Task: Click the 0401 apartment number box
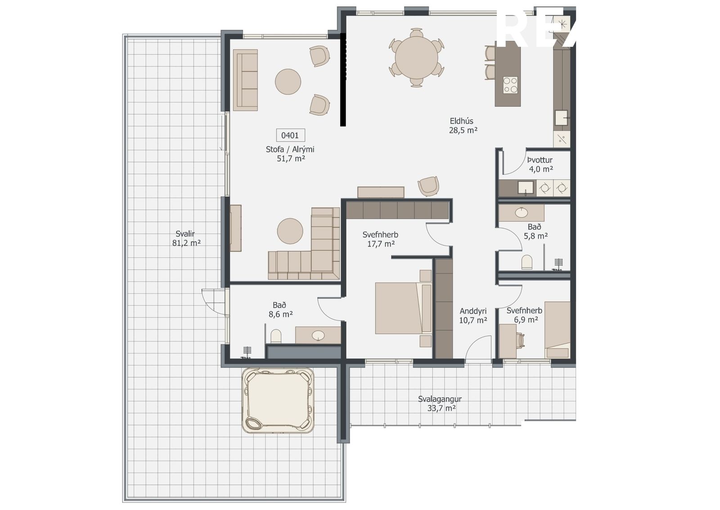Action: pyautogui.click(x=290, y=136)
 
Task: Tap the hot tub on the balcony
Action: pyautogui.click(x=278, y=401)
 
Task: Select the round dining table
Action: pyautogui.click(x=416, y=58)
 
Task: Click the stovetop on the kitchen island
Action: pyautogui.click(x=510, y=85)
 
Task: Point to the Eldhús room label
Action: pyautogui.click(x=462, y=121)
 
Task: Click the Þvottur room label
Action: pyautogui.click(x=540, y=160)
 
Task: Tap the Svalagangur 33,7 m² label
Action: pyautogui.click(x=440, y=404)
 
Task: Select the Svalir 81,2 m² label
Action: pyautogui.click(x=186, y=238)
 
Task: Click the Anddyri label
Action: pyautogui.click(x=473, y=311)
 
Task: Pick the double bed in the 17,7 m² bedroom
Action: pyautogui.click(x=403, y=308)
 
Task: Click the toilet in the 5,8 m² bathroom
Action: pyautogui.click(x=527, y=262)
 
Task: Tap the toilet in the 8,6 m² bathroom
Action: pyautogui.click(x=276, y=336)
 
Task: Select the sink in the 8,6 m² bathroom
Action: pyautogui.click(x=318, y=335)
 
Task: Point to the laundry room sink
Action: pyautogui.click(x=526, y=187)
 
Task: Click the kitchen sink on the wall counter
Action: pyautogui.click(x=561, y=118)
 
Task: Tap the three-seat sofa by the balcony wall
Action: pyautogui.click(x=245, y=80)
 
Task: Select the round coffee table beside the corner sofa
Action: pyautogui.click(x=290, y=231)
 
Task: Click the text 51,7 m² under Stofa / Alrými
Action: pyautogui.click(x=291, y=158)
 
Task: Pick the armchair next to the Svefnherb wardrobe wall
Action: pyautogui.click(x=428, y=186)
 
